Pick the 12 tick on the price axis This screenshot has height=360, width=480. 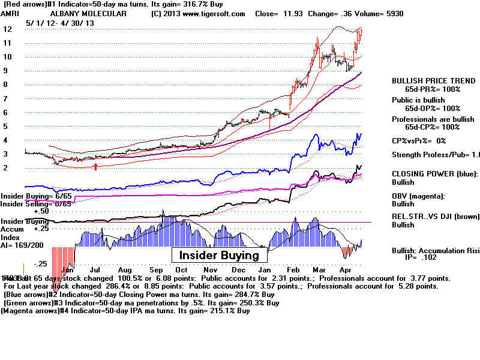click(8, 29)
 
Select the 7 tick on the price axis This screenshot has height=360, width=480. click(6, 98)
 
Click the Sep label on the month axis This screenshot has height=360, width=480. click(157, 270)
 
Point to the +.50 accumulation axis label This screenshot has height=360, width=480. click(41, 211)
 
